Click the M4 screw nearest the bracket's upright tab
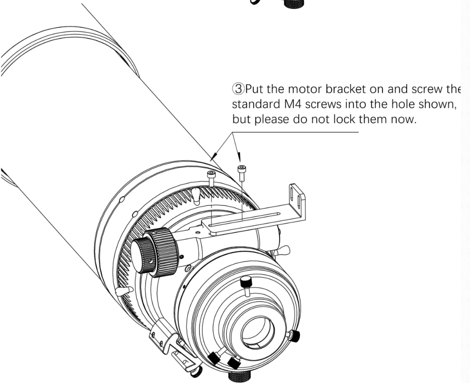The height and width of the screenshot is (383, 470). coord(242,173)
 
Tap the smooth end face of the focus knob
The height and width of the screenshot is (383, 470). coord(142,255)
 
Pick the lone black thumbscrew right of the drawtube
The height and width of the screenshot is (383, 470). coord(294,336)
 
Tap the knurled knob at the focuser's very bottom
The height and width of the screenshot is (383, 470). coord(240,376)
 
